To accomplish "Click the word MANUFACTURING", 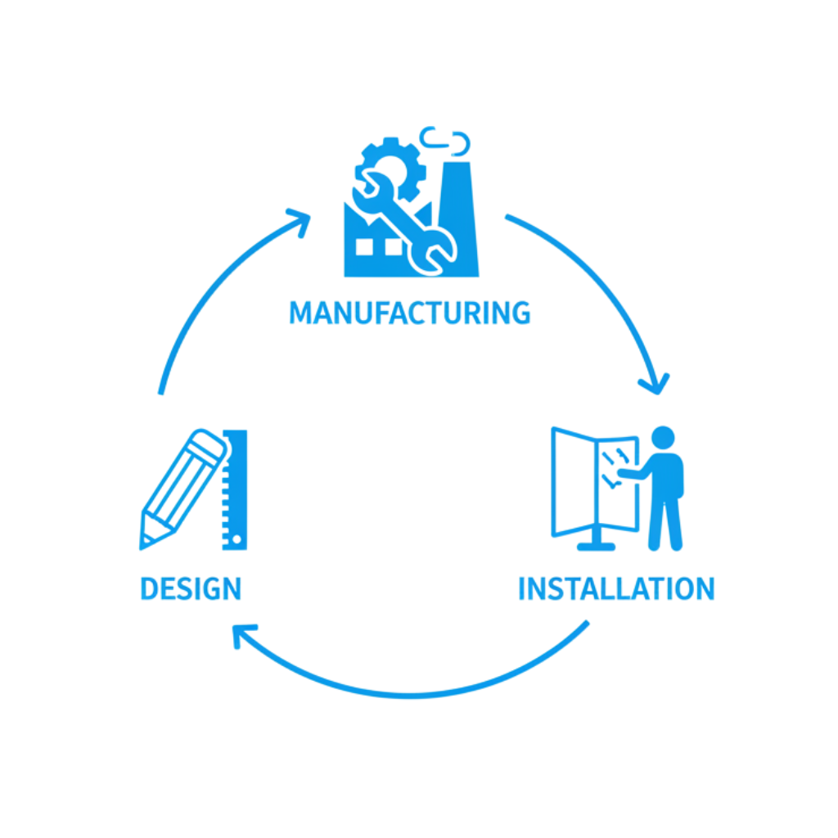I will tap(409, 313).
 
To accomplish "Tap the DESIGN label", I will tap(191, 588).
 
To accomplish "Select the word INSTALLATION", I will tap(616, 588).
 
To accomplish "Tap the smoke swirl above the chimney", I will tap(447, 141).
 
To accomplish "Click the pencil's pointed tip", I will tap(145, 540).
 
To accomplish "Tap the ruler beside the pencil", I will tap(235, 491).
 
